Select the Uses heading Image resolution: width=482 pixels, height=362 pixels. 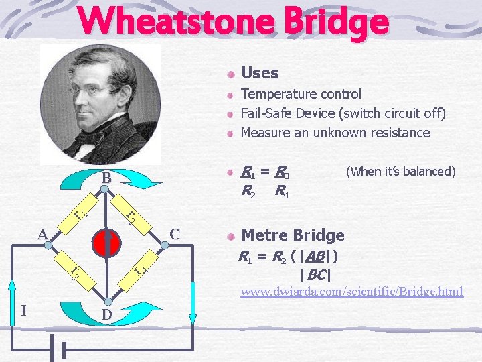259,72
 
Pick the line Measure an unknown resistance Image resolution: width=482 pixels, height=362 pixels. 335,133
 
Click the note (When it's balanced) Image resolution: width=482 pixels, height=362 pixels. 400,172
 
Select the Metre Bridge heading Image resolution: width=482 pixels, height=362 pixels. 293,235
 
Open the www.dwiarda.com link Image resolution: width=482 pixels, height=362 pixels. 351,292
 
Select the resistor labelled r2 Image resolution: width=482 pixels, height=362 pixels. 133,216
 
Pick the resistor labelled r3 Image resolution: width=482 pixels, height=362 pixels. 76,272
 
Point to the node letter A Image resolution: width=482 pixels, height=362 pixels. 42,235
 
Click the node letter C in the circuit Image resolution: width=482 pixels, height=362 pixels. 175,234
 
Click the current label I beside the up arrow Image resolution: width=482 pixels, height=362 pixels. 24,311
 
